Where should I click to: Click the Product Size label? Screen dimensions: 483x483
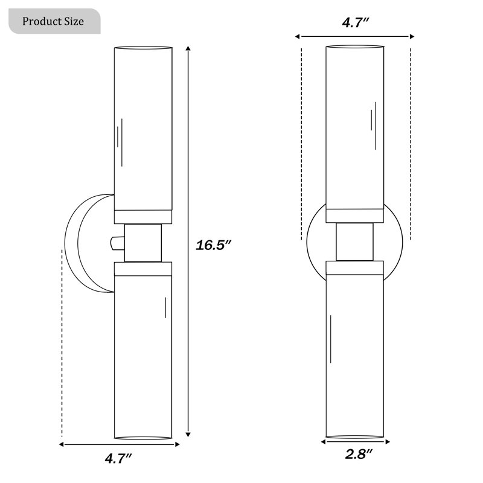tap(53, 21)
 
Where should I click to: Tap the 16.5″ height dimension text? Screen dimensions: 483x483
tap(213, 245)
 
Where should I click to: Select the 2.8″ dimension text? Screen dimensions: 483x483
tap(359, 454)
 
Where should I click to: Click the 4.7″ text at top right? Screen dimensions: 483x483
tap(356, 22)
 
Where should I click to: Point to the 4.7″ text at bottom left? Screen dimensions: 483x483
tap(118, 458)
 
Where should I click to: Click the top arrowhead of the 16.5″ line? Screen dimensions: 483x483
tap(188, 48)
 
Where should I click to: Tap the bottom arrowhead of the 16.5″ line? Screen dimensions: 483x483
tap(188, 434)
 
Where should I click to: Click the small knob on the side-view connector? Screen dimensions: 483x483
tap(117, 243)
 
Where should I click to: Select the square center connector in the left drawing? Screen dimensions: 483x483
tap(143, 243)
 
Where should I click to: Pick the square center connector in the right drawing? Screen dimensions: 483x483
tap(354, 241)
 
